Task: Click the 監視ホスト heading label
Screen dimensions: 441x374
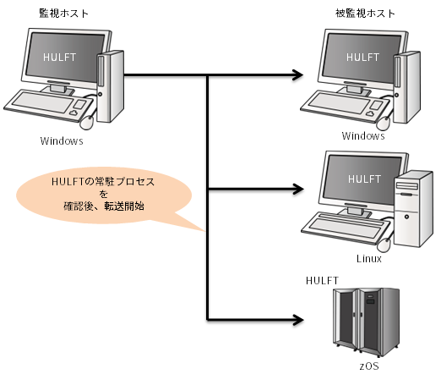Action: pyautogui.click(x=63, y=14)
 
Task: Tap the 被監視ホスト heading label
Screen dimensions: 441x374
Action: pyautogui.click(x=365, y=14)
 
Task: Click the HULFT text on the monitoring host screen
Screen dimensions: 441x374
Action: pyautogui.click(x=59, y=58)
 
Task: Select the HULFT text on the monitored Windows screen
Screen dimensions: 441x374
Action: pyautogui.click(x=362, y=58)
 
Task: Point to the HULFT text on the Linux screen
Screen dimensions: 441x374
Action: pyautogui.click(x=364, y=179)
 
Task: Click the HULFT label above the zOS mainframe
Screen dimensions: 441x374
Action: pyautogui.click(x=322, y=280)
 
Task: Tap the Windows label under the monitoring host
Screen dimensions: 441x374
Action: pyautogui.click(x=62, y=140)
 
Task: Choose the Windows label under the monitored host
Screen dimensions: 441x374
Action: pyautogui.click(x=363, y=136)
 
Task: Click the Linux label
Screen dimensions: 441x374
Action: pyautogui.click(x=369, y=259)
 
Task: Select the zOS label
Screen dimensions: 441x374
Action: pyautogui.click(x=369, y=366)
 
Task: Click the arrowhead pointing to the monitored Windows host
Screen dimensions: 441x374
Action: pyautogui.click(x=298, y=75)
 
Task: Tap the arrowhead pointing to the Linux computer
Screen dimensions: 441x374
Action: pyautogui.click(x=298, y=189)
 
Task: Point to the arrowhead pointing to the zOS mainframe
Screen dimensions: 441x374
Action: pyautogui.click(x=298, y=320)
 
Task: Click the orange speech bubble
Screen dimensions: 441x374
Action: pyautogui.click(x=104, y=195)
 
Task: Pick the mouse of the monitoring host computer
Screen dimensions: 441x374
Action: pyautogui.click(x=87, y=123)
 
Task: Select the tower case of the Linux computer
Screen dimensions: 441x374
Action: pyautogui.click(x=413, y=209)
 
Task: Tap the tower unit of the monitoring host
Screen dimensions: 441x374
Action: pyautogui.click(x=111, y=86)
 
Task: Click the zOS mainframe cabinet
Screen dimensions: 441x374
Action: pyautogui.click(x=366, y=322)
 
